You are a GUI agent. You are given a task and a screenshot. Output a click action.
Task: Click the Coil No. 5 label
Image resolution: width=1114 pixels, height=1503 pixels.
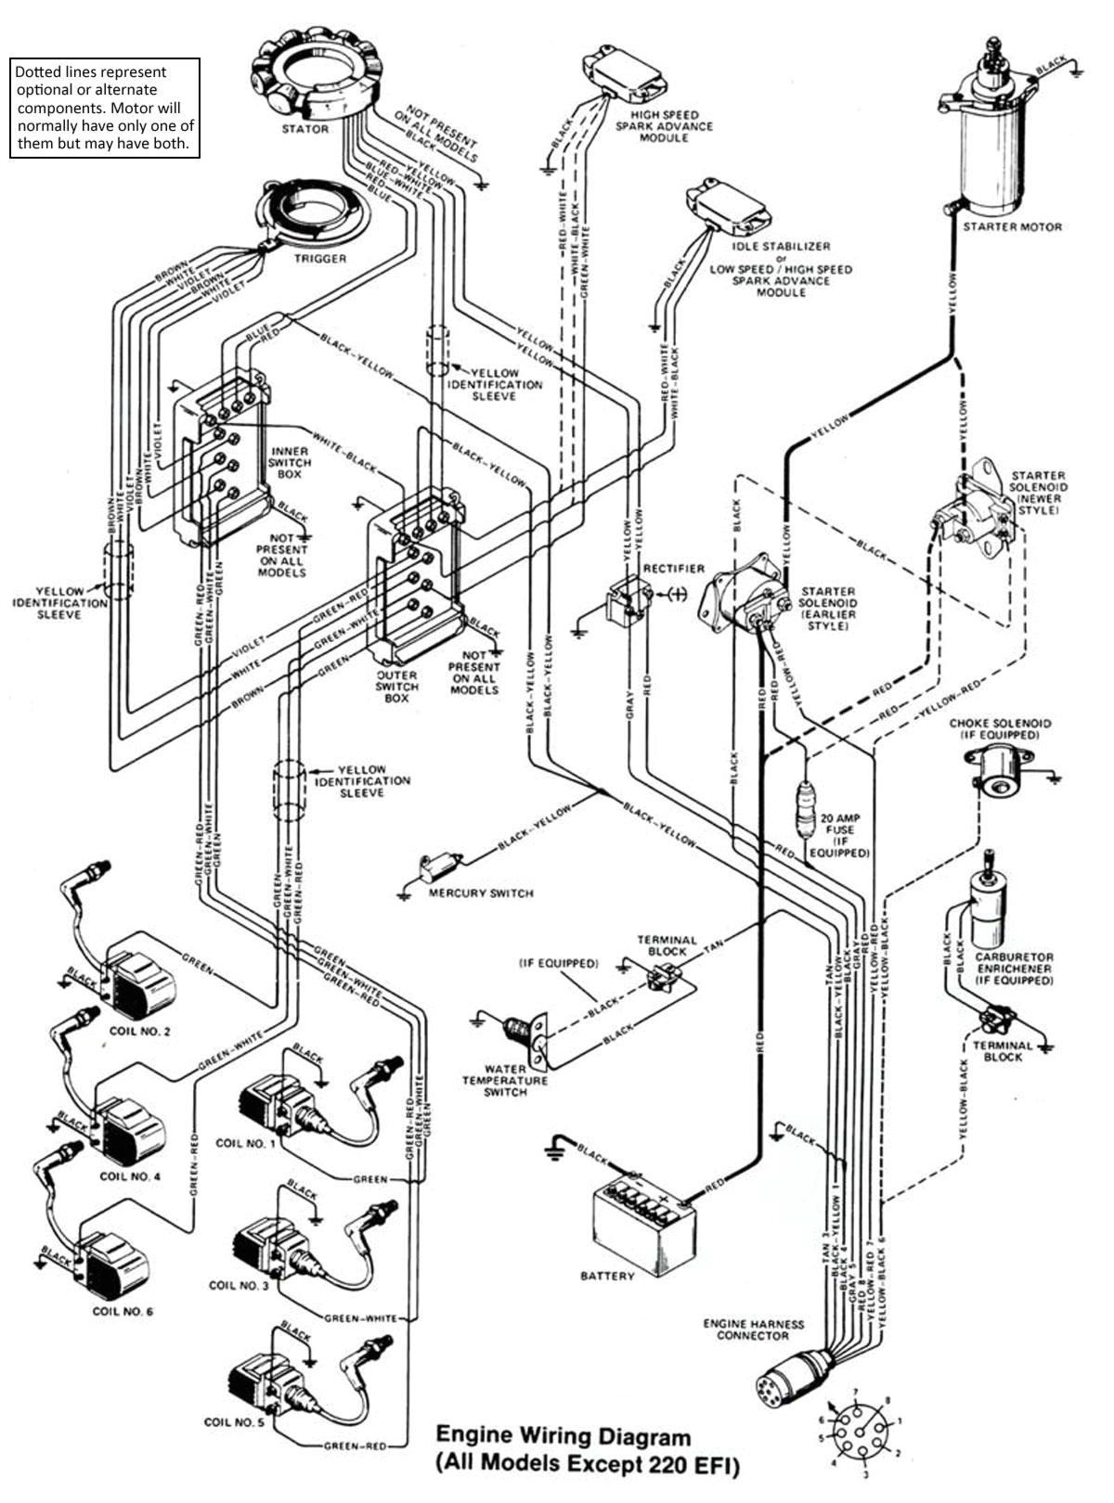[x=234, y=1422]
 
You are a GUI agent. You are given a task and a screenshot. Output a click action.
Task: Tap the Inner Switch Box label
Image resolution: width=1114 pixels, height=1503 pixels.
[x=290, y=462]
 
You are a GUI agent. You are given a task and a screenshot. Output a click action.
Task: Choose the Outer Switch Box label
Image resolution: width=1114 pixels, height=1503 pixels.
[x=396, y=687]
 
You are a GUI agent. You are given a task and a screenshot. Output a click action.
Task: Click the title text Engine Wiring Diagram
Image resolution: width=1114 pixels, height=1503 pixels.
[x=563, y=1437]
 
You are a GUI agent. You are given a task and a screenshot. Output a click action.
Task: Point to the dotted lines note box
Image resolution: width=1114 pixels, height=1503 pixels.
[x=105, y=109]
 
